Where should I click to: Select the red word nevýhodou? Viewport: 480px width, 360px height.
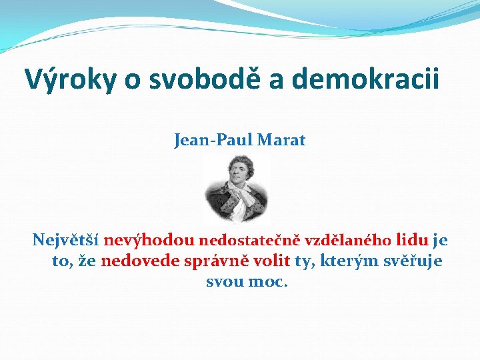coord(149,240)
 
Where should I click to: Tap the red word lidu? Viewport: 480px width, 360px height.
coord(413,240)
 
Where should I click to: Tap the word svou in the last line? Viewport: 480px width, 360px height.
coord(225,281)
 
